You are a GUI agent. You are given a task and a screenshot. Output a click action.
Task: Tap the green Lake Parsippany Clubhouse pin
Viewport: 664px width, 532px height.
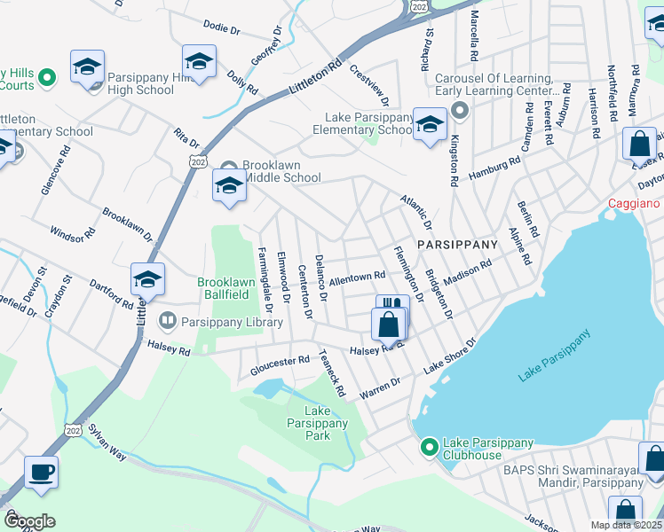tap(430, 445)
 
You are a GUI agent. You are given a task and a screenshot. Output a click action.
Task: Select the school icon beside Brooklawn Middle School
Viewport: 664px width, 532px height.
tap(229, 187)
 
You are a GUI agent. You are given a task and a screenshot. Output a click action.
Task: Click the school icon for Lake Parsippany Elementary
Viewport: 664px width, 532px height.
tap(430, 125)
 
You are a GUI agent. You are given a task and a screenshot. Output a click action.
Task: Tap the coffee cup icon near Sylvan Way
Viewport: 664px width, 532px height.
tap(41, 471)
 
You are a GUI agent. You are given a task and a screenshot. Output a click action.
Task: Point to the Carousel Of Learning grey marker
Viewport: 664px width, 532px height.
tap(459, 111)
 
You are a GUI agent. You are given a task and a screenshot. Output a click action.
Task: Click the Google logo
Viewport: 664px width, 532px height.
tap(28, 521)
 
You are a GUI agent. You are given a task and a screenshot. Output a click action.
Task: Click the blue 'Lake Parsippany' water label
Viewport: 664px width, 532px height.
tap(554, 356)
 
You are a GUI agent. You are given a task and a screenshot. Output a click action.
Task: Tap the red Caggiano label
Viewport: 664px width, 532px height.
tap(635, 203)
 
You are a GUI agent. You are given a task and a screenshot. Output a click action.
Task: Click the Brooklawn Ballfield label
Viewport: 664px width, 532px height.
tap(226, 289)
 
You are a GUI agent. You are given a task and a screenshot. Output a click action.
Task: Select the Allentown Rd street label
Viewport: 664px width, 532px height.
tap(357, 278)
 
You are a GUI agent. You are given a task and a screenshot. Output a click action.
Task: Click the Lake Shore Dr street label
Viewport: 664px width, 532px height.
tap(450, 355)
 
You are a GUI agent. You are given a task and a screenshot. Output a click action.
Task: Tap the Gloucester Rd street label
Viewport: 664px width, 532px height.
tap(279, 361)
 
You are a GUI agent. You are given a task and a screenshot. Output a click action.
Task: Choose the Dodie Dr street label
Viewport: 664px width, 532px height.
tap(222, 28)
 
